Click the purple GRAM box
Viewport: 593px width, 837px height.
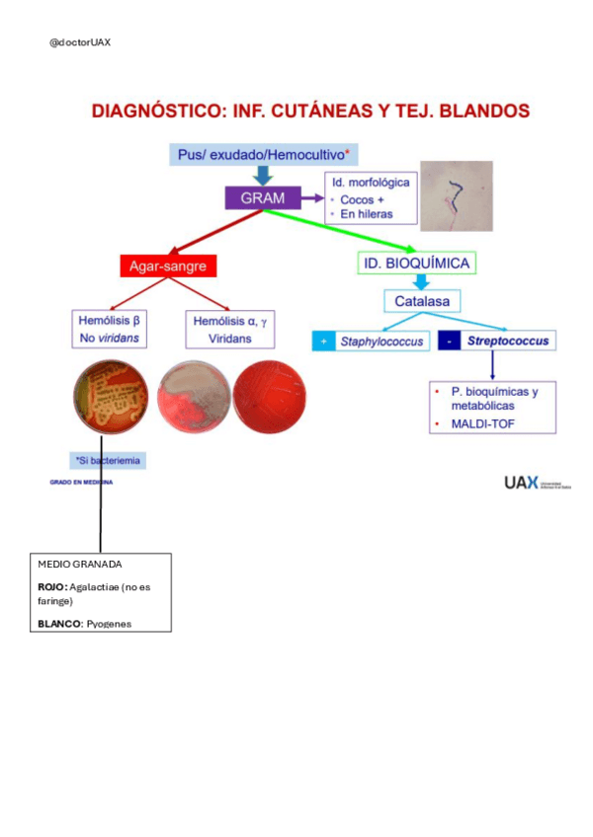(x=263, y=198)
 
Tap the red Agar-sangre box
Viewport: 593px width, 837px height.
(x=168, y=266)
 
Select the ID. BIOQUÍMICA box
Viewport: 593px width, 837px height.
(x=416, y=263)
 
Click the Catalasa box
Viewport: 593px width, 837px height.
(x=422, y=300)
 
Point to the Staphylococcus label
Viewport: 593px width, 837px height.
(x=381, y=342)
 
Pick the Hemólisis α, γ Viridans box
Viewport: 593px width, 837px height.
(x=229, y=329)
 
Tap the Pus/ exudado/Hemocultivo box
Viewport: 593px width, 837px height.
(x=264, y=155)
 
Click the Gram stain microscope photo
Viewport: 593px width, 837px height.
(x=457, y=195)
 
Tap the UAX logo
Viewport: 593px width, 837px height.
(x=521, y=482)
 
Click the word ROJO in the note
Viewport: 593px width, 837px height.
(x=52, y=586)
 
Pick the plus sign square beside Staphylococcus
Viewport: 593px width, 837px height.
(x=323, y=342)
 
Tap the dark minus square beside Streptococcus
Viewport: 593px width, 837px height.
(x=450, y=342)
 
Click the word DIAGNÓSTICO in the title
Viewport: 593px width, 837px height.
(x=158, y=111)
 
